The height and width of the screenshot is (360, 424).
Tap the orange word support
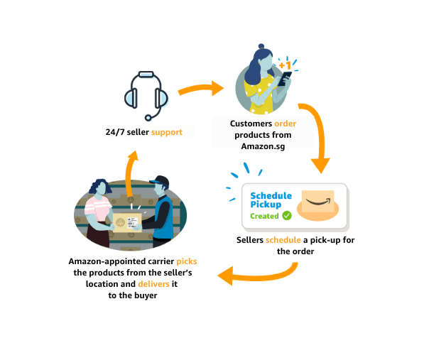(x=167, y=132)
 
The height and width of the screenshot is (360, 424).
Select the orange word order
(x=285, y=124)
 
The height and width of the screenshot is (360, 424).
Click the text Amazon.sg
(x=263, y=146)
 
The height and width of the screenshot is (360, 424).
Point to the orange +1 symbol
(x=285, y=65)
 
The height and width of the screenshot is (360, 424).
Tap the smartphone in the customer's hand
(x=285, y=78)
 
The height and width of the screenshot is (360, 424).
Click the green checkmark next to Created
(x=287, y=216)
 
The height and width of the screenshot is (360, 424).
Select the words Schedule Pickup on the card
(x=271, y=200)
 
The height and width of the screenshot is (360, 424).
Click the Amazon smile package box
(x=317, y=202)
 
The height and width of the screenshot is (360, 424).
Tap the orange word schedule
(x=283, y=240)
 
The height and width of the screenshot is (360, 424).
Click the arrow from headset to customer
(x=201, y=88)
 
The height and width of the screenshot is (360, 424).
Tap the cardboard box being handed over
(x=127, y=223)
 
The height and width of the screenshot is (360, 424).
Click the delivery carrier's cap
(x=161, y=180)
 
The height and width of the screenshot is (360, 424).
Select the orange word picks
(x=187, y=261)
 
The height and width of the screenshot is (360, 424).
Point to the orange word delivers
(x=153, y=284)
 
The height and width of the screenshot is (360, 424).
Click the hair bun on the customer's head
(x=261, y=46)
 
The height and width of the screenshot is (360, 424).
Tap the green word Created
(x=264, y=216)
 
